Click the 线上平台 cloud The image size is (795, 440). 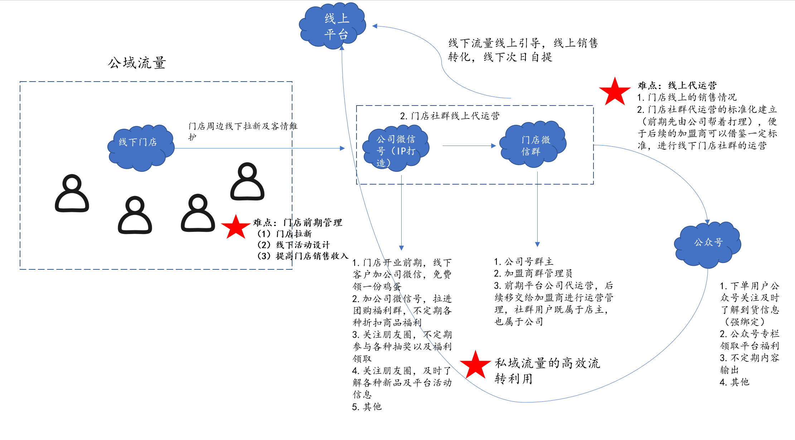pos(333,26)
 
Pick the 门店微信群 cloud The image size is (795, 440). pos(533,144)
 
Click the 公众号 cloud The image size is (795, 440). pos(708,244)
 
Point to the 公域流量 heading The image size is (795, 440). pos(137,63)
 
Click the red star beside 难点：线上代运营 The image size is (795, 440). pos(615,92)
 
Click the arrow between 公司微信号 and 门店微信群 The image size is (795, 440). pos(469,146)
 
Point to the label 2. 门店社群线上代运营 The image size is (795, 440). pos(450,116)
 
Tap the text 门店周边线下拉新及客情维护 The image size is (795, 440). pos(242,131)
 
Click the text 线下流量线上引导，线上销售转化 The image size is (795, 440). pos(523,50)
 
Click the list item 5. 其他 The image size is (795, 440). pos(367,407)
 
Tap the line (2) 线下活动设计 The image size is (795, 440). pos(294,245)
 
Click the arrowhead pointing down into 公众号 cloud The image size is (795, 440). pos(707,222)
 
